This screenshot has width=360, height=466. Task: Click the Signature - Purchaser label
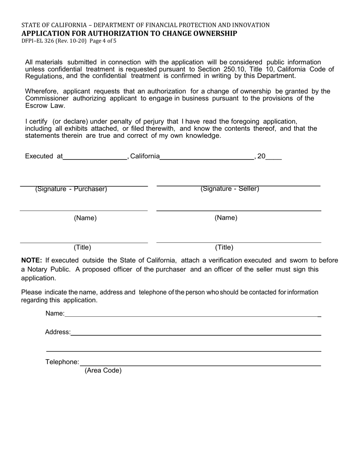[71, 189]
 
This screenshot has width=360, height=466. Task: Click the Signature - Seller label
[230, 189]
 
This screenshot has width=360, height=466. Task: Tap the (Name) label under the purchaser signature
[85, 218]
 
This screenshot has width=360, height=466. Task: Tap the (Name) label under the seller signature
[226, 217]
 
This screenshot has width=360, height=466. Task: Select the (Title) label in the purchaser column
[82, 247]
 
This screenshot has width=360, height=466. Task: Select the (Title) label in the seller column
[224, 247]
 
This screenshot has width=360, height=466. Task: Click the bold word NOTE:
[31, 260]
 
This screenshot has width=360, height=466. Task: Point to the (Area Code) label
[103, 371]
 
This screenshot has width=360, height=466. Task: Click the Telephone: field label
[63, 362]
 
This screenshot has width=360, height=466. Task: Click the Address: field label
[58, 332]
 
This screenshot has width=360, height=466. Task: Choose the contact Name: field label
[55, 313]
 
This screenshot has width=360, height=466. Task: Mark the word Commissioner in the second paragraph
[47, 98]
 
